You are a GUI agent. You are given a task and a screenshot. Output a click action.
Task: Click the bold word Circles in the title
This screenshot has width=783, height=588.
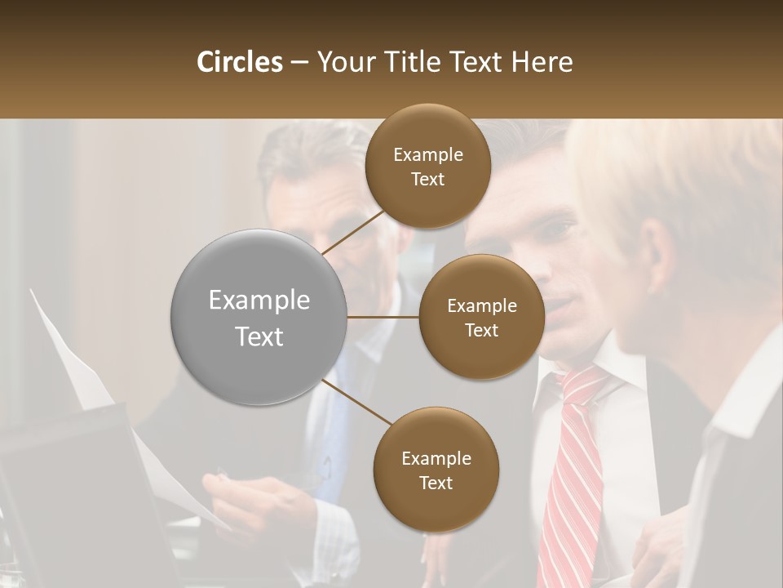tap(239, 62)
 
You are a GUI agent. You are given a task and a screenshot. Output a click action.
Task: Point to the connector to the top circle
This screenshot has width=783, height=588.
tap(355, 232)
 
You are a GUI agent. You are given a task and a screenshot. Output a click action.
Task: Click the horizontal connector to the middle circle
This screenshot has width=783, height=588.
tap(383, 317)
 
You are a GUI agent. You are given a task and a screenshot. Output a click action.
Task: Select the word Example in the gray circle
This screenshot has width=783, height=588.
tap(259, 301)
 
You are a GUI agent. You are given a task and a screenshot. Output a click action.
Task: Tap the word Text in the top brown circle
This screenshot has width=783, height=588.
tap(428, 180)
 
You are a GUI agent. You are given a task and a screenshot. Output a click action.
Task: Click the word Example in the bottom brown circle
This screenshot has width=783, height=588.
tap(436, 458)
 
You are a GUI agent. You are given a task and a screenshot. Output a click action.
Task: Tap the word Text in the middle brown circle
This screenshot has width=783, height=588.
tap(481, 331)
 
